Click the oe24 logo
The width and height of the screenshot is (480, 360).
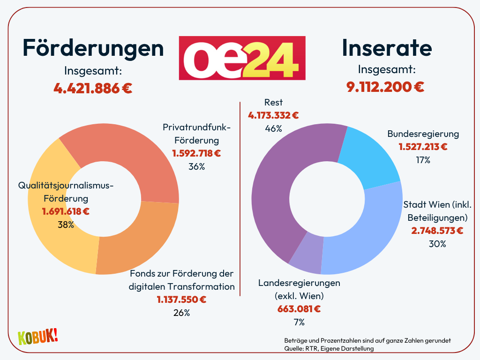coord(242,58)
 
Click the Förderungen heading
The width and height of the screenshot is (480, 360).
coord(93,48)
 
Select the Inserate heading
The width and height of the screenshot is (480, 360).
coord(387,48)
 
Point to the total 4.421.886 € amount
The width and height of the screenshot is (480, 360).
coord(93,88)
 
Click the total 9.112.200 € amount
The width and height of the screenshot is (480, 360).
coord(385,87)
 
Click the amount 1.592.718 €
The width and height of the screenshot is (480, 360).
coord(196,153)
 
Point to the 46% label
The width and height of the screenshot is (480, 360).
coord(273,128)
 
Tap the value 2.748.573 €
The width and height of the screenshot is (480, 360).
coord(437,231)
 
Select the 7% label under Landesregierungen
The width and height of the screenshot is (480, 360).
coord(299,322)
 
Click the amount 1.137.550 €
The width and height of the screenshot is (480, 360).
coord(181,300)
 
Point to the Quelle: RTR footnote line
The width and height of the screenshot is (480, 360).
coord(329,348)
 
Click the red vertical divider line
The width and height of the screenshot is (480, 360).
coord(240,197)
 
